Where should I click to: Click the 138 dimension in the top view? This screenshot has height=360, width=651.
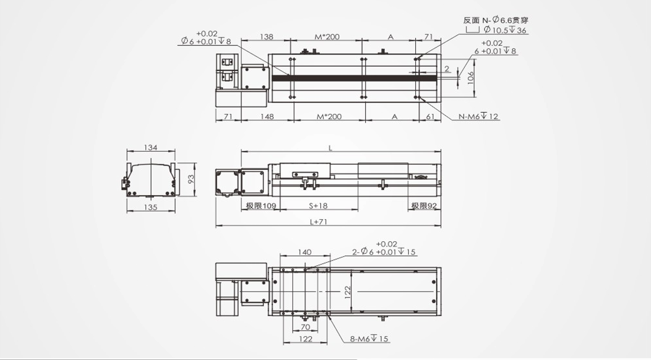point(267,37)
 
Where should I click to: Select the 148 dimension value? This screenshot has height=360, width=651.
point(267,117)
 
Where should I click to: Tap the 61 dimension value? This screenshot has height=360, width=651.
point(430,117)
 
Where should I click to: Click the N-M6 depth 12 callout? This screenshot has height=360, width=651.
point(478,117)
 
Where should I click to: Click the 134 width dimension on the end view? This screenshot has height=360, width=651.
point(150,147)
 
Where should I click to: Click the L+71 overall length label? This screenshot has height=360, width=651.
point(318,221)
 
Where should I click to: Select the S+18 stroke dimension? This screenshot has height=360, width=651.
point(318,206)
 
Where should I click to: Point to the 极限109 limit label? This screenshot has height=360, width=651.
point(261,206)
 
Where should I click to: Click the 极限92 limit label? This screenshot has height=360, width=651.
point(424,206)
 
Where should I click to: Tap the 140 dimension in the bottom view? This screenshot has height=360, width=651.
point(305,252)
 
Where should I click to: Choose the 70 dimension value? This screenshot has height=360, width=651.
point(305,327)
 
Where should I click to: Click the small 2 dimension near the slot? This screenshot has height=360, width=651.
point(446,69)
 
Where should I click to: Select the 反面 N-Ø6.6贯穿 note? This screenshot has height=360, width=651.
point(496,20)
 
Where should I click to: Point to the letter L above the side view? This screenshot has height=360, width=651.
point(330,148)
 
